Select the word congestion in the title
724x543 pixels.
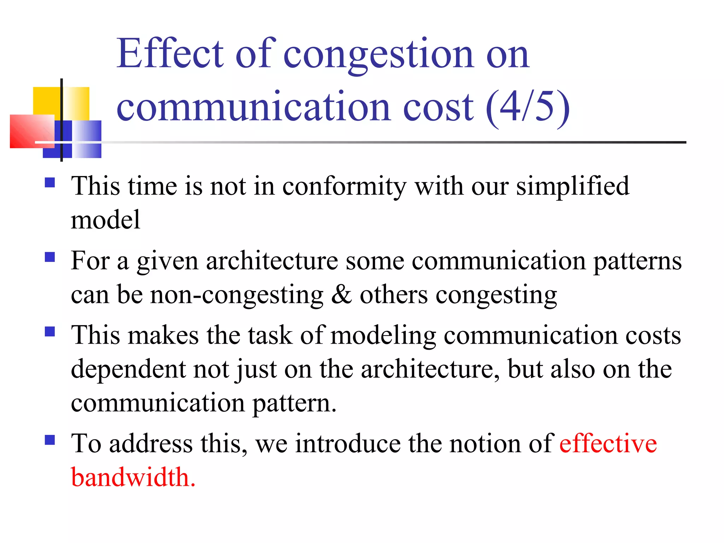click(378, 55)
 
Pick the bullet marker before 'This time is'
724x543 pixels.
click(50, 182)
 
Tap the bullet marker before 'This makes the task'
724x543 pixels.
click(50, 331)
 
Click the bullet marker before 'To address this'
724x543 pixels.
click(50, 440)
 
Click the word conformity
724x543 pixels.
click(344, 186)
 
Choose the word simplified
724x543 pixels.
click(573, 186)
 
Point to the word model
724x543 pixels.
click(105, 220)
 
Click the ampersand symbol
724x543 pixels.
click(341, 294)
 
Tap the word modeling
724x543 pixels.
click(383, 335)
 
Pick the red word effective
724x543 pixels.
click(608, 443)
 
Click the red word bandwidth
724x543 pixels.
click(133, 477)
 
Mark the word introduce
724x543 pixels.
click(348, 443)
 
